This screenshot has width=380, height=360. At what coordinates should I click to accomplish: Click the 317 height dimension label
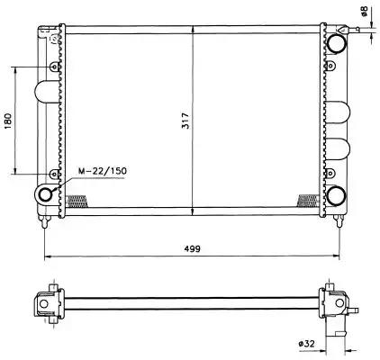186,121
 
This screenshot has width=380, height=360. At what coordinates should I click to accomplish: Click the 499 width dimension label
192,248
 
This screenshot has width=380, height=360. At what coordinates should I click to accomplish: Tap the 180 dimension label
8,121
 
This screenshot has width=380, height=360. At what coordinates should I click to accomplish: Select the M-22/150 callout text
103,171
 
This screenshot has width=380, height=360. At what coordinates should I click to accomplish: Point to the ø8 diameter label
364,11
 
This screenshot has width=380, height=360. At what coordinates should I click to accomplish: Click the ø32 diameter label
306,344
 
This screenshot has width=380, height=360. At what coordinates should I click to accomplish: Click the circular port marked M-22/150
46,194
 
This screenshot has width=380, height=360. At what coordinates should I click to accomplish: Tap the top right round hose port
337,43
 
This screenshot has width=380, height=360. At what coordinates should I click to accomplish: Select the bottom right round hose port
336,196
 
